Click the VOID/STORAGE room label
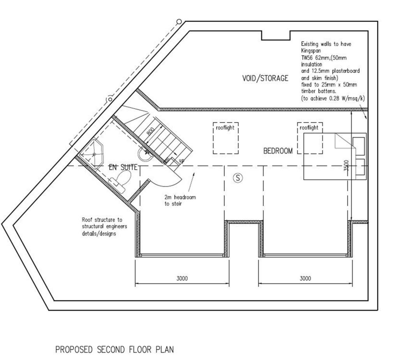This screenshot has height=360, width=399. click(265, 78)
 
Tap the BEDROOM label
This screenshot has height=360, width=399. click(278, 151)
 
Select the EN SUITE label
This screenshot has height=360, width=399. click(123, 167)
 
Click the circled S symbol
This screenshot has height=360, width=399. click(238, 178)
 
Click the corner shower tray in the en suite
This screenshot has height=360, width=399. click(92, 153)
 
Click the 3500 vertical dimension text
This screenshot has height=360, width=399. click(346, 165)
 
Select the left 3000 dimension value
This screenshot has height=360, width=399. click(182, 278)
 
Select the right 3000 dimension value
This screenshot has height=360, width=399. click(305, 278)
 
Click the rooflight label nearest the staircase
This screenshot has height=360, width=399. click(225, 128)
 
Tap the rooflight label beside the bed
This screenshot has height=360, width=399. click(309, 128)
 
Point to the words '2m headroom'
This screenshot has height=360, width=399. click(180, 197)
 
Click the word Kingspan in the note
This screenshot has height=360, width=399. click(311, 51)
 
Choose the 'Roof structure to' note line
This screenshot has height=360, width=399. click(102, 220)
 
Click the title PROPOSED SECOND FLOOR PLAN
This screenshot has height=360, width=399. click(115, 349)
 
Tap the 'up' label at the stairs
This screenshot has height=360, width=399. click(182, 161)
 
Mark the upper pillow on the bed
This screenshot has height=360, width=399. click(358, 146)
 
